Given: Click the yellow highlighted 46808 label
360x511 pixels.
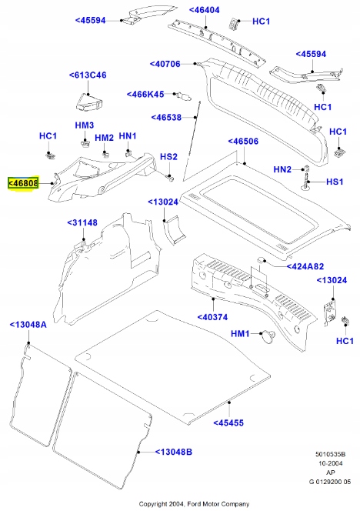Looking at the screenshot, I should [23, 184].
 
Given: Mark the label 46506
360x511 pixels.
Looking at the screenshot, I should [245, 142].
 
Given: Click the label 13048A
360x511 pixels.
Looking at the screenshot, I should [28, 325].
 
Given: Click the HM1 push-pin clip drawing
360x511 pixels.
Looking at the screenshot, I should [268, 335].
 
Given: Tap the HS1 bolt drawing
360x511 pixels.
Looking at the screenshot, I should [307, 182].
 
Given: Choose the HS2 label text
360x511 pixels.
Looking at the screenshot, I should [168, 157].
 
